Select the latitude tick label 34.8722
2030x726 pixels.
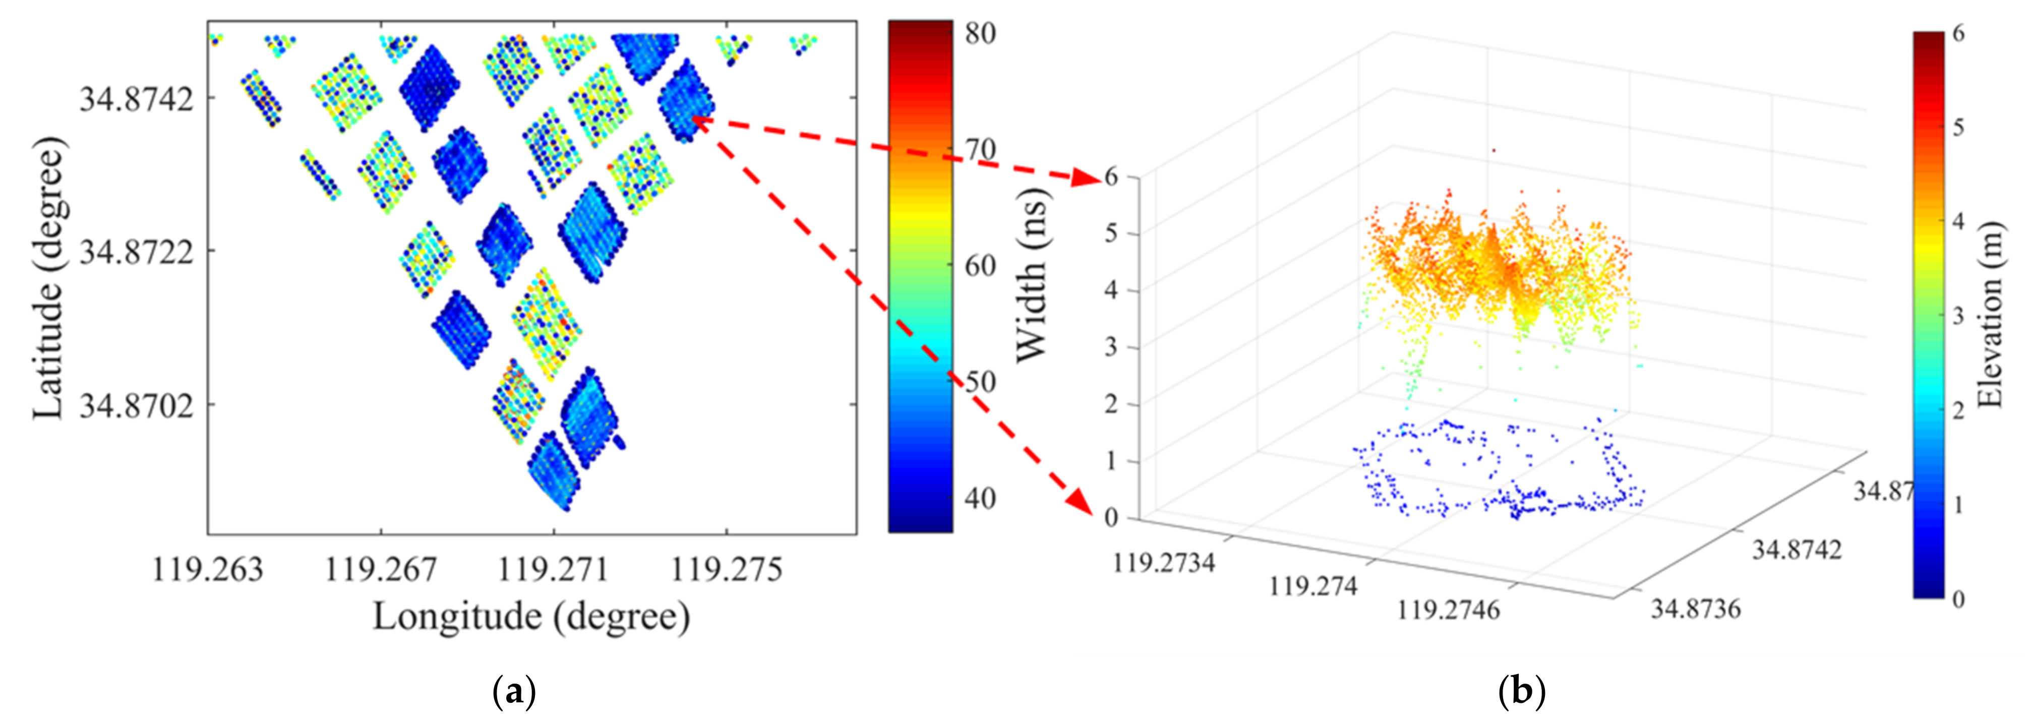136,252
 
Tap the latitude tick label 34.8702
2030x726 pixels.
136,406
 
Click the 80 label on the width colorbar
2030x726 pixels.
980,33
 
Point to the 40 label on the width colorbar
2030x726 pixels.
980,498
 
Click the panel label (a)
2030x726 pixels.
514,693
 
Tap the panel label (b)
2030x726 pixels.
1520,693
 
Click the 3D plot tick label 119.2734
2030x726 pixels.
1163,563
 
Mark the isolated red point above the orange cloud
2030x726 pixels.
1494,150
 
